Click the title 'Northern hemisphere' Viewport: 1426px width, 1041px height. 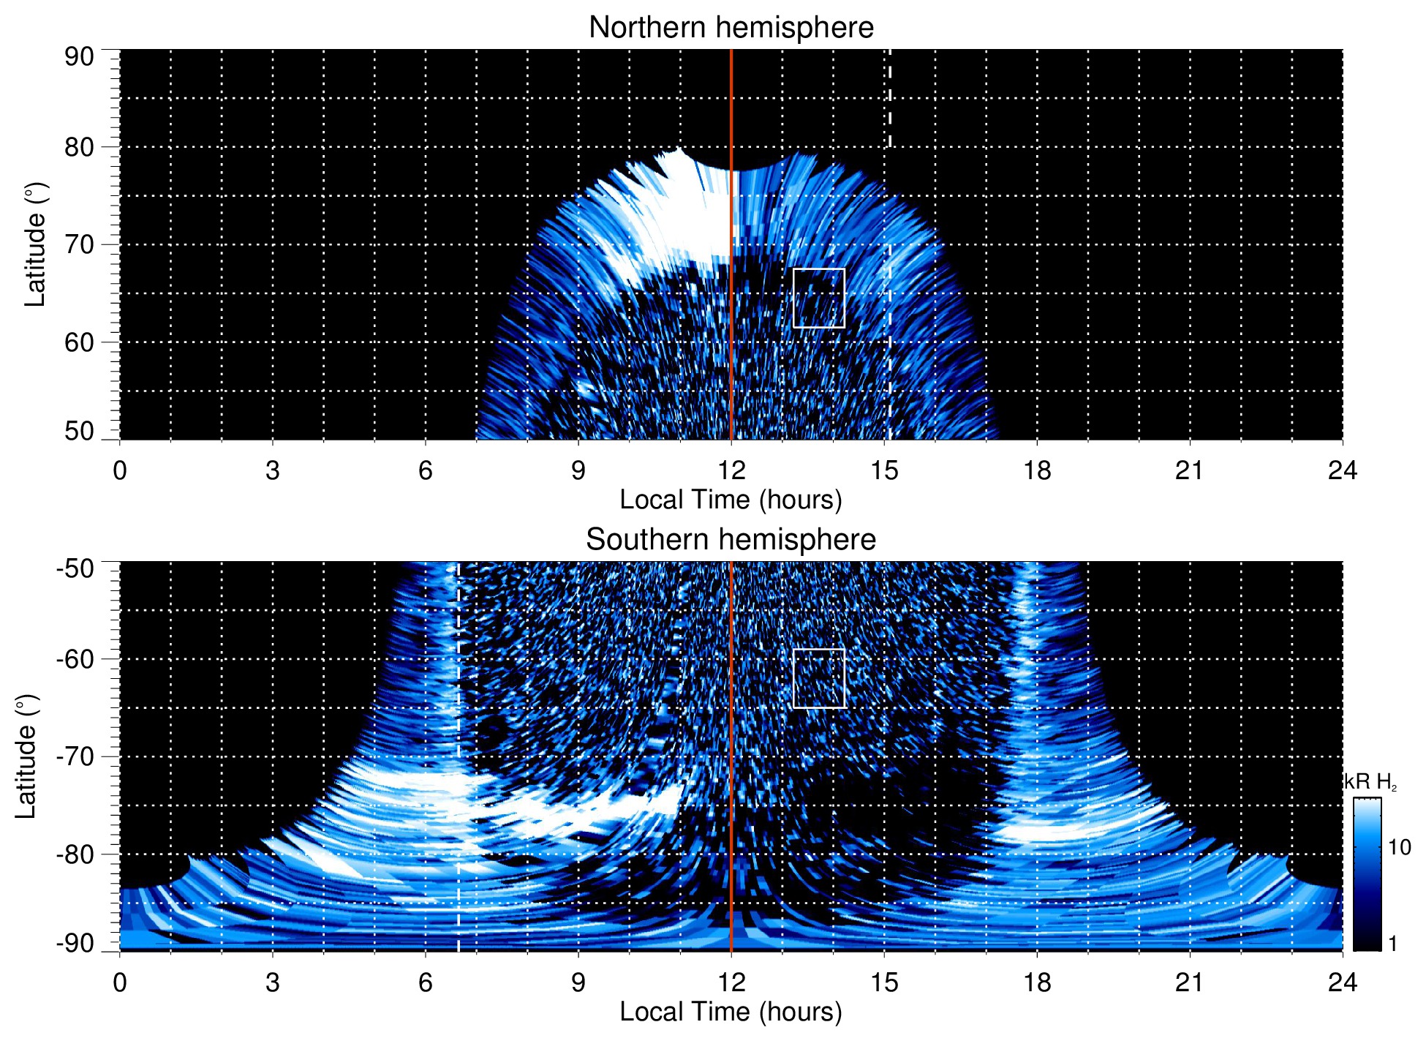[x=731, y=28]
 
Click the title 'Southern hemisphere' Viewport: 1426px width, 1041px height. [x=731, y=540]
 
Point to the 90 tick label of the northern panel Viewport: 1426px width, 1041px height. [x=79, y=57]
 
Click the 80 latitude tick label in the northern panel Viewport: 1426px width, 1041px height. [x=79, y=147]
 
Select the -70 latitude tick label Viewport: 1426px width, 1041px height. [x=76, y=756]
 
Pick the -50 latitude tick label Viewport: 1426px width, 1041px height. [x=76, y=568]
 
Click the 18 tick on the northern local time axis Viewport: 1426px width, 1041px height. [x=1036, y=470]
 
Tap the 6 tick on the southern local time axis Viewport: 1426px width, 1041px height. [x=425, y=982]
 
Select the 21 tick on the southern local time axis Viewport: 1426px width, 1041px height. [x=1189, y=982]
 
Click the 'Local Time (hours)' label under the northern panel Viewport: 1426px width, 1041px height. [x=731, y=500]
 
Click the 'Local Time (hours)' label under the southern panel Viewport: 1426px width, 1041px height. [x=731, y=1012]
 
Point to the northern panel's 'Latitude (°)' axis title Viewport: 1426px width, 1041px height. [x=35, y=244]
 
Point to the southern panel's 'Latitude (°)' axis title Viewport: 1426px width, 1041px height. [x=26, y=756]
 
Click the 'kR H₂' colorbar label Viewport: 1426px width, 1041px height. [x=1370, y=782]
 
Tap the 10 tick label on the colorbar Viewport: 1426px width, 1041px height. [x=1399, y=848]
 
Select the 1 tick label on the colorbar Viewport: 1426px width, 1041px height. [x=1392, y=944]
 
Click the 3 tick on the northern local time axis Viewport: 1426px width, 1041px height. [x=272, y=470]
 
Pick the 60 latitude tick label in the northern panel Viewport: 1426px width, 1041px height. [x=79, y=342]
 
